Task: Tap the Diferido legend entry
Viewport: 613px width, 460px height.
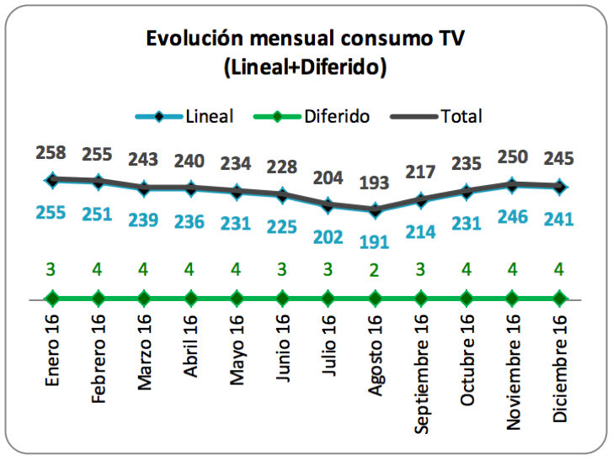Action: (336, 116)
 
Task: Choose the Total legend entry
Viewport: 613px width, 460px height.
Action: (461, 116)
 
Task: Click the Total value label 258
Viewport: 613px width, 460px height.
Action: (52, 153)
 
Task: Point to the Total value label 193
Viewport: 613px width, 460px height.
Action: (373, 183)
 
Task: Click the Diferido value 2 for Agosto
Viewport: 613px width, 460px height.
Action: (373, 271)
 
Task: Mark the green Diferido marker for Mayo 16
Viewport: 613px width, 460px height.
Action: (237, 298)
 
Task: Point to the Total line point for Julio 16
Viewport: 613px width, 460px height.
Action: (328, 204)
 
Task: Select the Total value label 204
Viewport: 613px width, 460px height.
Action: (328, 177)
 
